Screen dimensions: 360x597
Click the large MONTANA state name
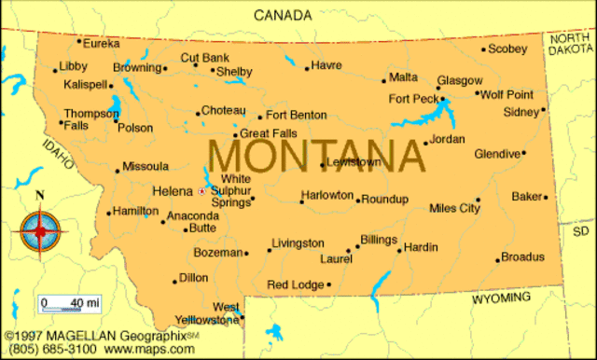(316, 153)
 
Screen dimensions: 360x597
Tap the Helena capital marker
(201, 191)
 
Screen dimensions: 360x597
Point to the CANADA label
(283, 14)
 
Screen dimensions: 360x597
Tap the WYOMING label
(500, 298)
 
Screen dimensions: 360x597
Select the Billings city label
(378, 240)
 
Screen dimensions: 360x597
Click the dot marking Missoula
(118, 170)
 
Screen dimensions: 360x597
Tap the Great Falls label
(269, 133)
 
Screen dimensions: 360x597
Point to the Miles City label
(454, 208)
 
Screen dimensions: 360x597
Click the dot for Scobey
(483, 49)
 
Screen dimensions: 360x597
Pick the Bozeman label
(217, 252)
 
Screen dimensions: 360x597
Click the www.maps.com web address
(148, 349)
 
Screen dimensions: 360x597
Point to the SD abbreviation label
(581, 230)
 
